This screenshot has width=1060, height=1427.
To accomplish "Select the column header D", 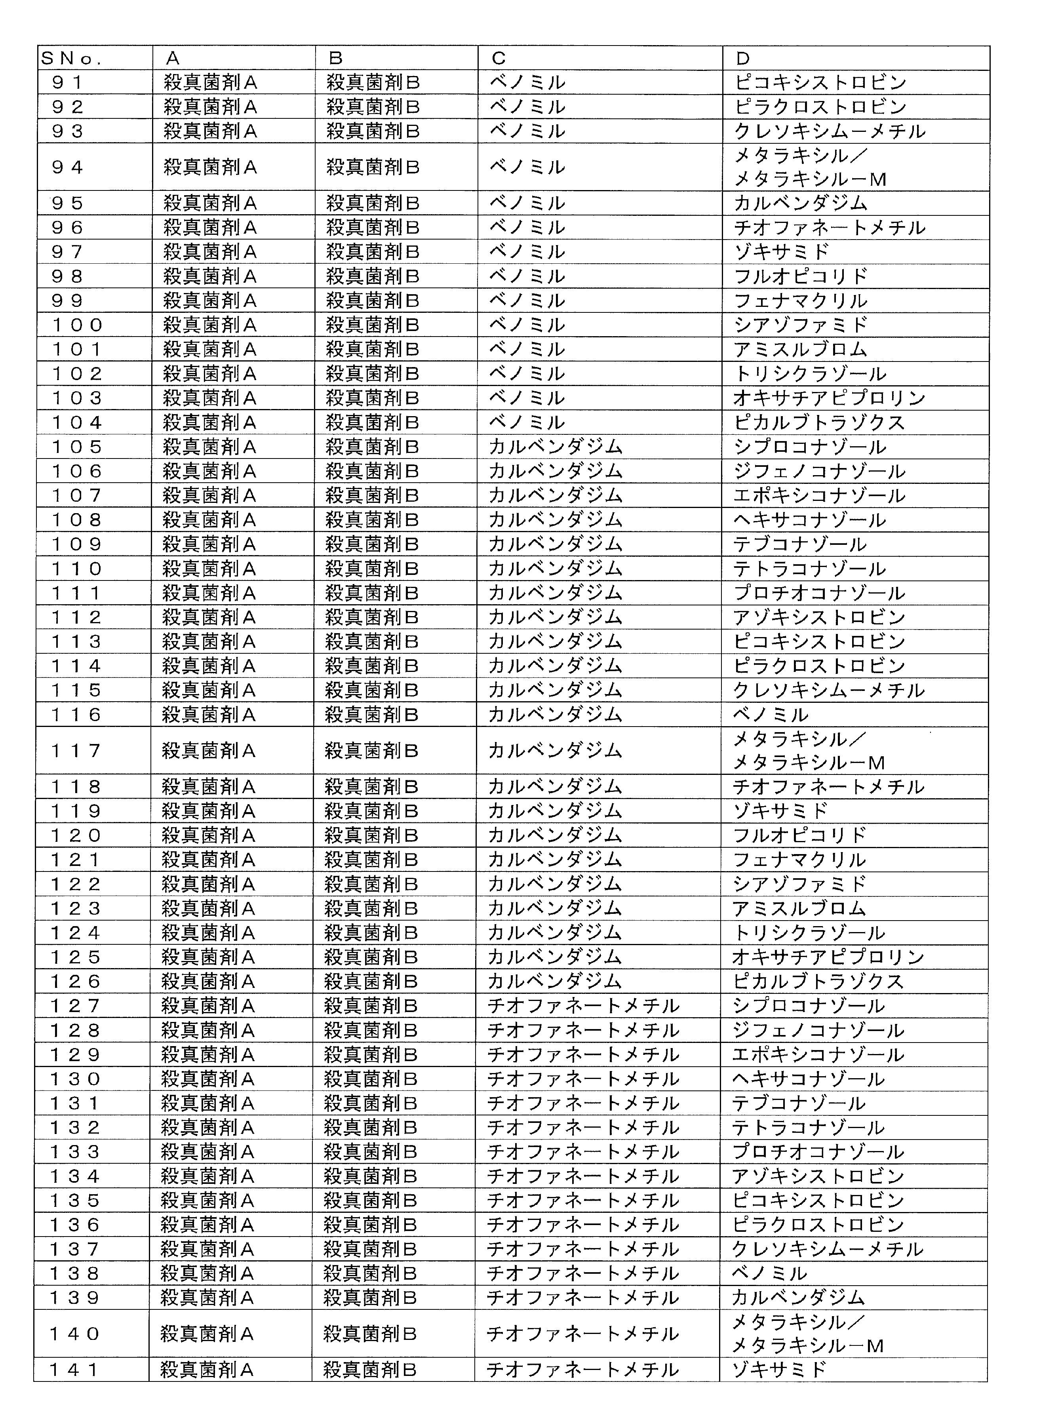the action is (742, 58).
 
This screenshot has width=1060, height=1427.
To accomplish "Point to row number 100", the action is (76, 325).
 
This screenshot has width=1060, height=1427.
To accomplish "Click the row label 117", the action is (76, 751).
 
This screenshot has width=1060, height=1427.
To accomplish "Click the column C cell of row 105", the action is (555, 447).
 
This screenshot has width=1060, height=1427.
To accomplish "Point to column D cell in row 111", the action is (819, 593).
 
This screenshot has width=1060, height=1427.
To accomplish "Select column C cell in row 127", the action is (583, 1006).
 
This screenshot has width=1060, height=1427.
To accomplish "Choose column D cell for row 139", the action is (798, 1298).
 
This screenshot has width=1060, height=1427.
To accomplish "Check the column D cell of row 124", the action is (809, 933).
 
